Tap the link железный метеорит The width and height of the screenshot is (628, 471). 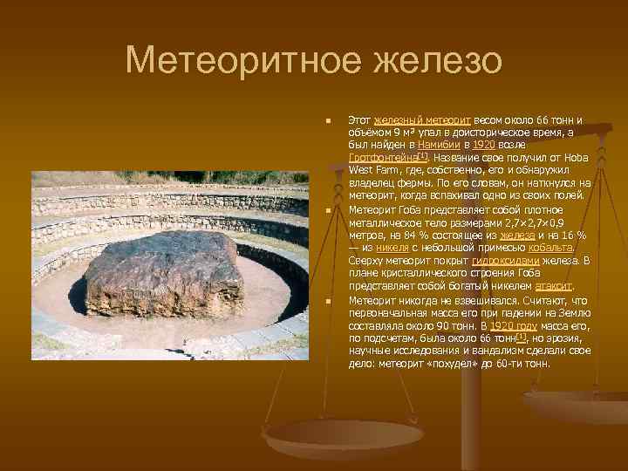click(422, 118)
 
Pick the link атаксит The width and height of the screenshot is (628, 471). click(554, 284)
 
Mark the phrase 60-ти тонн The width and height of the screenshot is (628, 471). click(524, 361)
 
